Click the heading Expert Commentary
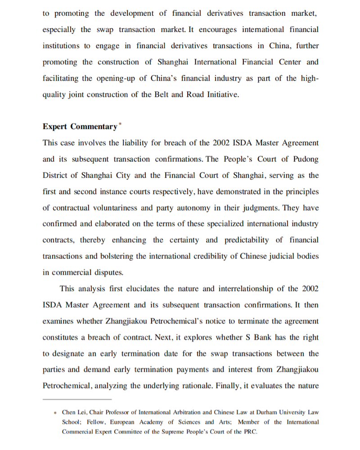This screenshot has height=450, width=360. point(80,127)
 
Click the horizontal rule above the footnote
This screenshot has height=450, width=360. point(77,399)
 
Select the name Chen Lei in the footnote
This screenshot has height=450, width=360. point(75,412)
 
